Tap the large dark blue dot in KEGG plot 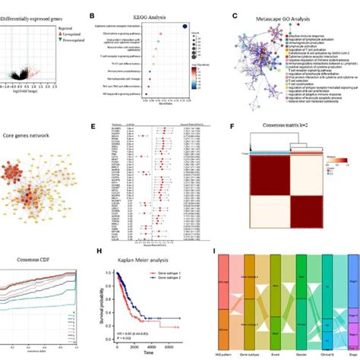[x=186, y=27]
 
